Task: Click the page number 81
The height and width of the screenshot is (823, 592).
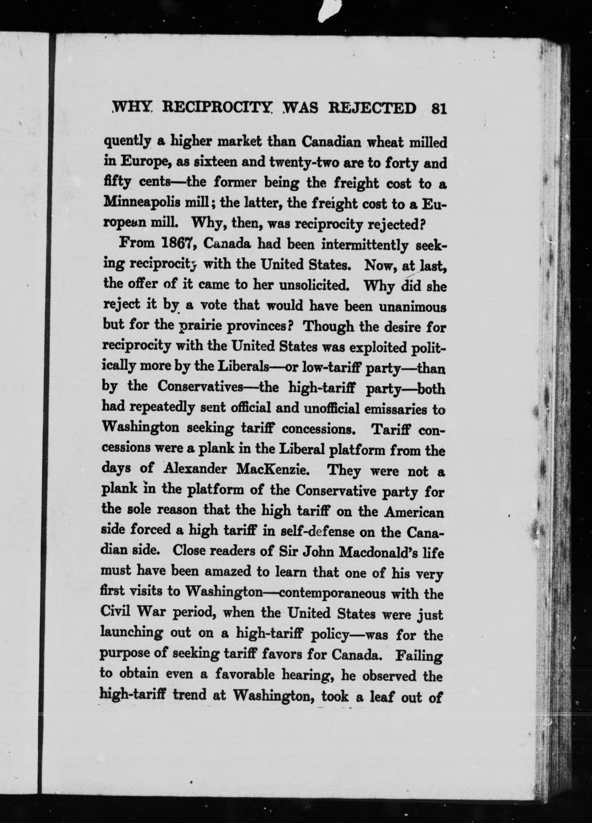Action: click(x=437, y=108)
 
